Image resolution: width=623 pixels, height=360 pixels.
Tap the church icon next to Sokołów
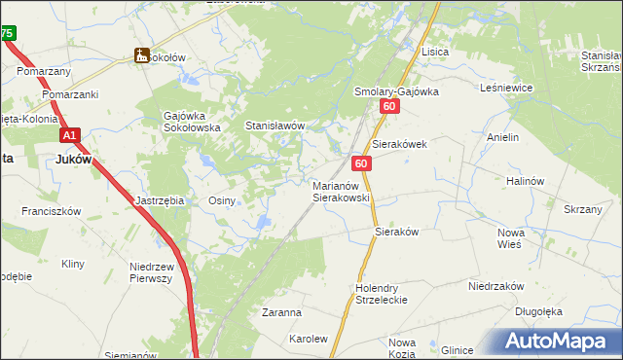point(142,56)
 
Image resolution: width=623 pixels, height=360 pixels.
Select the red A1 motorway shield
point(69,136)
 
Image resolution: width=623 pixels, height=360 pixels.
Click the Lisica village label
point(433,52)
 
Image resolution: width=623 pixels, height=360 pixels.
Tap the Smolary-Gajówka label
point(395,91)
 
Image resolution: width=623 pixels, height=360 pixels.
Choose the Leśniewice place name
point(506,87)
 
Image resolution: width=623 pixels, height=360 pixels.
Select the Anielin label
point(502,138)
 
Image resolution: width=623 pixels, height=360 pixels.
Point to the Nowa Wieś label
point(510,239)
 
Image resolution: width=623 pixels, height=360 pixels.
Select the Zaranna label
point(281,313)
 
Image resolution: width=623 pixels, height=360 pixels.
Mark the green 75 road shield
point(7,33)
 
